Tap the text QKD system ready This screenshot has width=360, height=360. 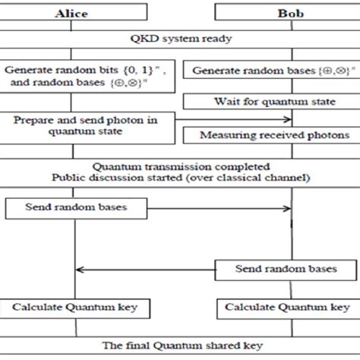click(179, 38)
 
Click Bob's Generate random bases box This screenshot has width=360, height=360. click(270, 70)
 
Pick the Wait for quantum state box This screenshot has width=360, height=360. click(270, 100)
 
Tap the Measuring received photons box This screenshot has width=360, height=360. click(270, 135)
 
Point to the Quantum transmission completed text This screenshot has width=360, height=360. click(179, 165)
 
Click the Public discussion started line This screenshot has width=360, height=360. click(179, 178)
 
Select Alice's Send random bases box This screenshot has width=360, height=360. click(74, 206)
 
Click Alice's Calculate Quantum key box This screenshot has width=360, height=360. click(74, 308)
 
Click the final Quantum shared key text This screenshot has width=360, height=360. click(179, 346)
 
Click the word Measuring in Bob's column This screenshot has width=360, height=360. click(224, 135)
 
